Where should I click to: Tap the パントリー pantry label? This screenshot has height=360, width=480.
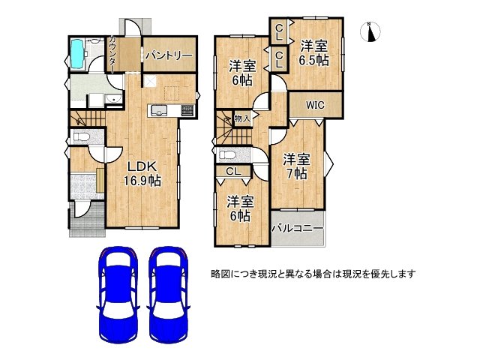tap(169, 56)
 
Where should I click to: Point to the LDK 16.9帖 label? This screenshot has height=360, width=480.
tap(140, 173)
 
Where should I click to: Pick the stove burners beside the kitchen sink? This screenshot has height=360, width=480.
tap(184, 112)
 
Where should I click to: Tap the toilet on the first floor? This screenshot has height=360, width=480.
tap(80, 137)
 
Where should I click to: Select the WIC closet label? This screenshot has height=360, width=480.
tap(314, 106)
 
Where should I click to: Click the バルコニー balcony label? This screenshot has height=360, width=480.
tap(297, 227)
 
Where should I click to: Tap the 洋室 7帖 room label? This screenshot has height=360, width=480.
tap(295, 166)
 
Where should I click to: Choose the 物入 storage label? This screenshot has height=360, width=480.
tap(241, 118)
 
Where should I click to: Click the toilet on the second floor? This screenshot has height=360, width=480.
tap(228, 155)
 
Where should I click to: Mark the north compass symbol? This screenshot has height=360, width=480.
tap(373, 31)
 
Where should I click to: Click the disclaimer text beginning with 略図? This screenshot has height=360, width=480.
tap(313, 274)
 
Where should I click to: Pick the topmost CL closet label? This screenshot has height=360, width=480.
tap(278, 31)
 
